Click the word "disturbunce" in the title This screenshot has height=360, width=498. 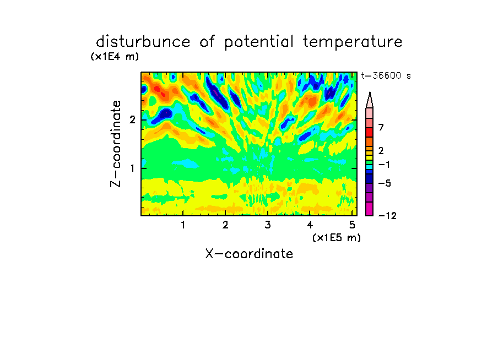click(143, 42)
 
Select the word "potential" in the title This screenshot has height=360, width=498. click(259, 42)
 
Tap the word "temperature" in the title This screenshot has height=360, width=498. click(353, 42)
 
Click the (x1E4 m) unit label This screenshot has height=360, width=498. click(115, 57)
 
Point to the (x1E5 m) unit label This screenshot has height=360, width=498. click(337, 237)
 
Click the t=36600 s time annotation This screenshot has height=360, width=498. click(386, 75)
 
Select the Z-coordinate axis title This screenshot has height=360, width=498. click(116, 144)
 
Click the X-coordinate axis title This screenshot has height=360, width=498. click(249, 254)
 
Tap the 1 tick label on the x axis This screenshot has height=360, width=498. click(183, 225)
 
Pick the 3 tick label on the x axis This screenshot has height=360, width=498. click(268, 225)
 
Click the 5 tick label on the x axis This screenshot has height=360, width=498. click(352, 225)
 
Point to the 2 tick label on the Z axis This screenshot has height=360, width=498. click(132, 120)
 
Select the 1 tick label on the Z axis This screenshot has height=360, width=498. click(132, 168)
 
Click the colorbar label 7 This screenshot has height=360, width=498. click(381, 127)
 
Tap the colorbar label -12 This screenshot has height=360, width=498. click(387, 216)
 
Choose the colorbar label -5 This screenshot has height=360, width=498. click(385, 183)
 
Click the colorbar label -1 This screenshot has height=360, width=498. click(385, 165)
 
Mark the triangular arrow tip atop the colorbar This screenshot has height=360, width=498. click(370, 92)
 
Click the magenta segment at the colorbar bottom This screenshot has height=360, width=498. click(370, 209)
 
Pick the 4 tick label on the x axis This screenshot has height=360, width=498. click(310, 225)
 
